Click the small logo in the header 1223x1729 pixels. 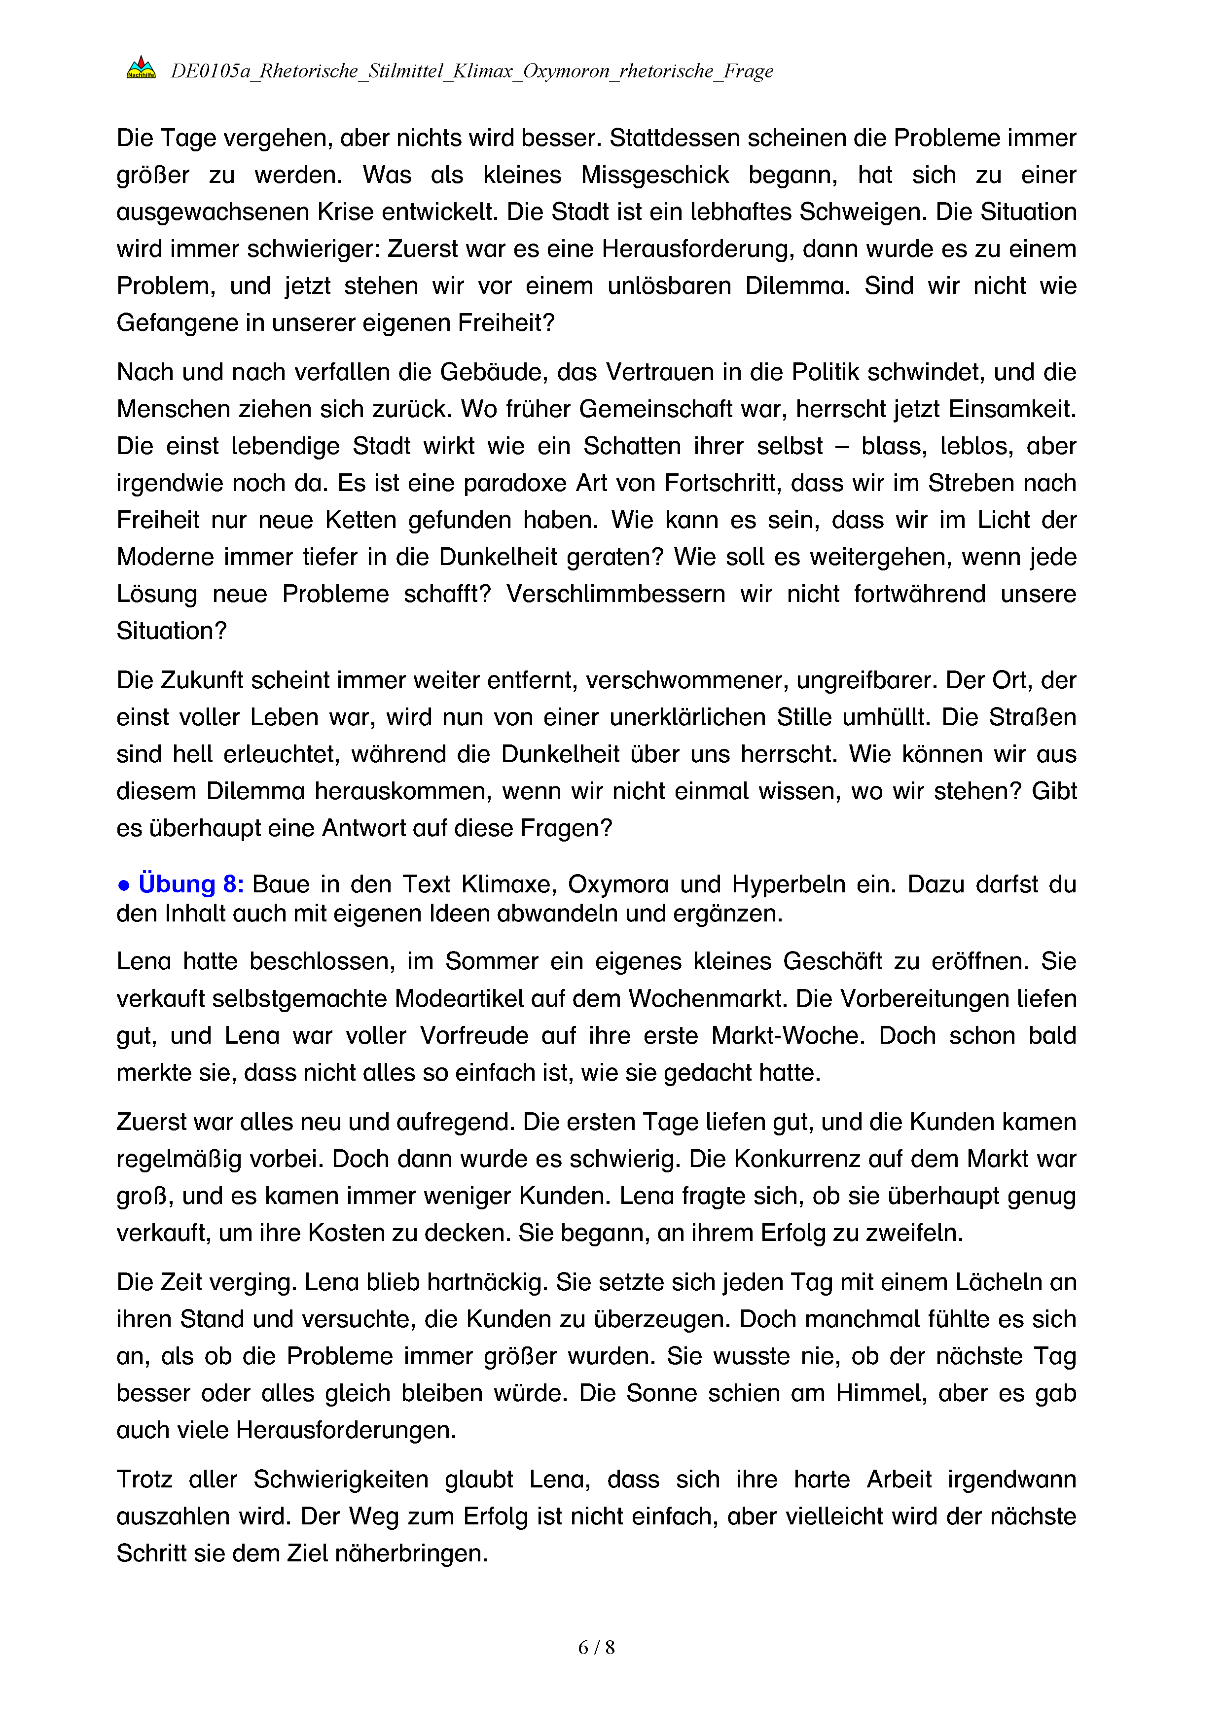click(x=141, y=68)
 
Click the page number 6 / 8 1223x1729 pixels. click(x=596, y=1647)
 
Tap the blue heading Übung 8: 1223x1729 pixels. click(x=191, y=883)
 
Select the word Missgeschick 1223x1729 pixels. click(x=654, y=175)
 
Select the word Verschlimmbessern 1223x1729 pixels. click(x=615, y=594)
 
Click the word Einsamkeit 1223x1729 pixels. click(x=1011, y=409)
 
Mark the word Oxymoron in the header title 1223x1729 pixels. click(x=566, y=71)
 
